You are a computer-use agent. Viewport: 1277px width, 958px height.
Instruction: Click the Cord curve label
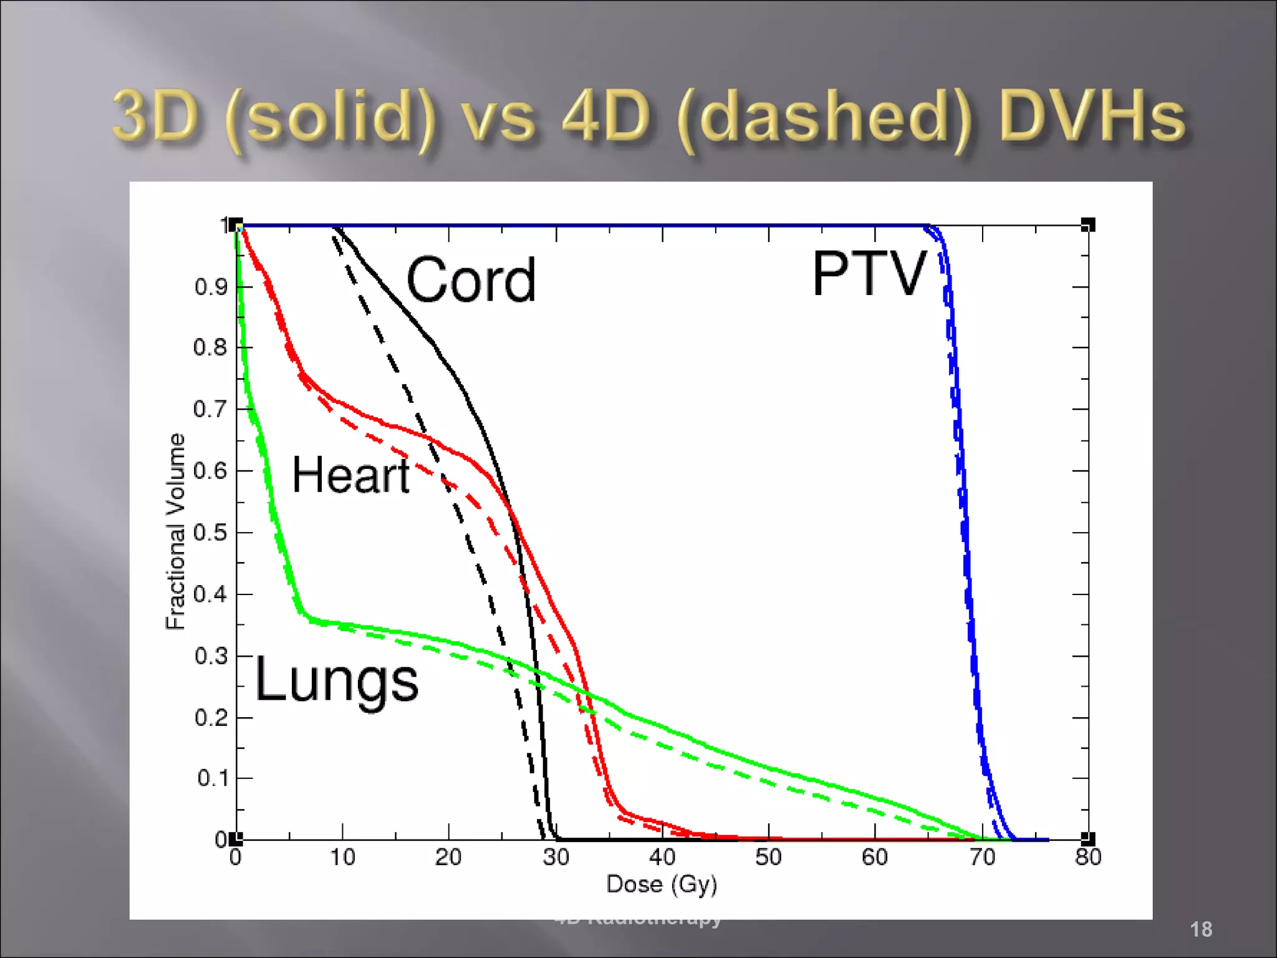click(471, 280)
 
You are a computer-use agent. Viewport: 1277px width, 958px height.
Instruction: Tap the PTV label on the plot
click(869, 274)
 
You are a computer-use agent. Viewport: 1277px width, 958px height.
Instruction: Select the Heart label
click(350, 475)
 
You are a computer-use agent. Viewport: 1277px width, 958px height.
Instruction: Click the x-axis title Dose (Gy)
click(662, 884)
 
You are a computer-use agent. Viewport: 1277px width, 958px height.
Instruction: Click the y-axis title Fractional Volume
click(176, 531)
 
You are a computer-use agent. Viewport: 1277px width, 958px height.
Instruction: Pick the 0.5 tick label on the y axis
click(210, 533)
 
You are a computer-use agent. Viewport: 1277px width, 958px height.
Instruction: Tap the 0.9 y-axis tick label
click(211, 287)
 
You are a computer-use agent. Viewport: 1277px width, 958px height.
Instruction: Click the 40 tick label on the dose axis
click(662, 857)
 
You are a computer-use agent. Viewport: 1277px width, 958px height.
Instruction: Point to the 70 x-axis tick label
click(982, 857)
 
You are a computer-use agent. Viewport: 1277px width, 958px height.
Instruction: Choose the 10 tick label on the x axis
click(342, 857)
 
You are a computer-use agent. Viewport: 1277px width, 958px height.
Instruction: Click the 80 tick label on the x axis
click(1088, 857)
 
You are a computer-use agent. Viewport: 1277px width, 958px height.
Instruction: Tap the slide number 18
click(1200, 929)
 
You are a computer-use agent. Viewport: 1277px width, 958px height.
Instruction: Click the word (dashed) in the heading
click(824, 119)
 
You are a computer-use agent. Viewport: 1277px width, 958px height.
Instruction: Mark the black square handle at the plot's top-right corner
click(1087, 225)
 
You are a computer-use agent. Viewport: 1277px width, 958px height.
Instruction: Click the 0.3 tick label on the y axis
click(211, 656)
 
